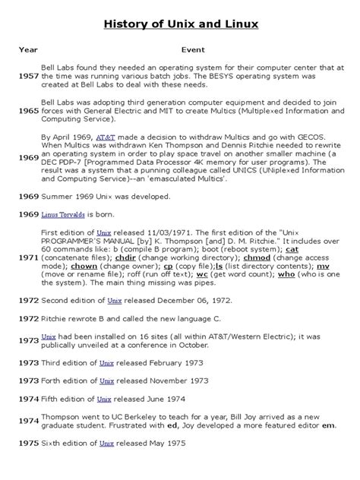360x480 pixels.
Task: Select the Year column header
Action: pyautogui.click(x=28, y=49)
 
